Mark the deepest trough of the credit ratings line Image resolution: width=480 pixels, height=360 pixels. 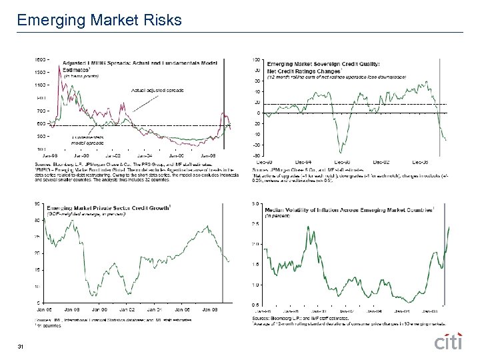coord(343,153)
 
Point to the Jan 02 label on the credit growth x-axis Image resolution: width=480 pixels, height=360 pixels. coord(127,309)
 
